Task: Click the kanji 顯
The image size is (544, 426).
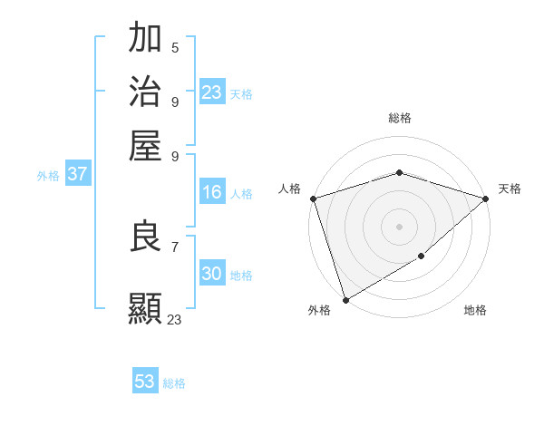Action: click(146, 307)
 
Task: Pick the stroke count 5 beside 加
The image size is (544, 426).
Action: click(175, 48)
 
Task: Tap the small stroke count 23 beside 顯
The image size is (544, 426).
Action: click(175, 319)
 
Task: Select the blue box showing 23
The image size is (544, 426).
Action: click(212, 92)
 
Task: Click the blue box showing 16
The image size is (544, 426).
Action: click(212, 192)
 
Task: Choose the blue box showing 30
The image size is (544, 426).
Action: click(212, 274)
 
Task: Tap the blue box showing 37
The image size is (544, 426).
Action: click(78, 175)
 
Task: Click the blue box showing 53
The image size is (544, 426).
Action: click(145, 382)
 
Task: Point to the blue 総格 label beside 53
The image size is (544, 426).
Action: click(175, 383)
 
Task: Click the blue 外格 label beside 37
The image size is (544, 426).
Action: click(48, 177)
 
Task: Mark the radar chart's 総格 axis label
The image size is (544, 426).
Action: click(400, 118)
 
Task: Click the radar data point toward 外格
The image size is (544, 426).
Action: click(345, 300)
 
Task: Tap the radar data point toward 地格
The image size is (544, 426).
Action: click(422, 257)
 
